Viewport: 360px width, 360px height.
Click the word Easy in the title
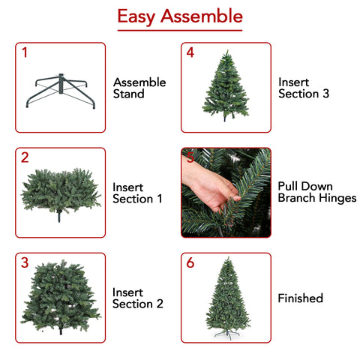(x=136, y=17)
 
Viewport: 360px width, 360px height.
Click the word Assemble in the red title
(x=202, y=16)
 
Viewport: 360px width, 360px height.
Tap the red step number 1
(x=25, y=52)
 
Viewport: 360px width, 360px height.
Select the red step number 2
(x=25, y=157)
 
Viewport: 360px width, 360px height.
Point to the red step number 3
(x=25, y=262)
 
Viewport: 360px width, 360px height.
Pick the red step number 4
(x=190, y=52)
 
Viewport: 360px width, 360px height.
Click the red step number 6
(x=190, y=262)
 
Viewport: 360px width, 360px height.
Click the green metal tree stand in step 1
(x=61, y=90)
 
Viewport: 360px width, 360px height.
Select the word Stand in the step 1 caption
(x=129, y=94)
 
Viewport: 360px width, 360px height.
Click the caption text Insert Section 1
(x=137, y=193)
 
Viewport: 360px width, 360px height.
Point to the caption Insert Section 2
(x=138, y=298)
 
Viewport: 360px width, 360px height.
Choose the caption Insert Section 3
(x=304, y=88)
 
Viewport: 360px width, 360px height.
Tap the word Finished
(x=301, y=298)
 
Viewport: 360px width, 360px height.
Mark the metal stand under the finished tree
(x=227, y=334)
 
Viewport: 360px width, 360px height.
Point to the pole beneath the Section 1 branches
(x=59, y=216)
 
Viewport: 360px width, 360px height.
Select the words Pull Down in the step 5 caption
(x=305, y=187)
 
